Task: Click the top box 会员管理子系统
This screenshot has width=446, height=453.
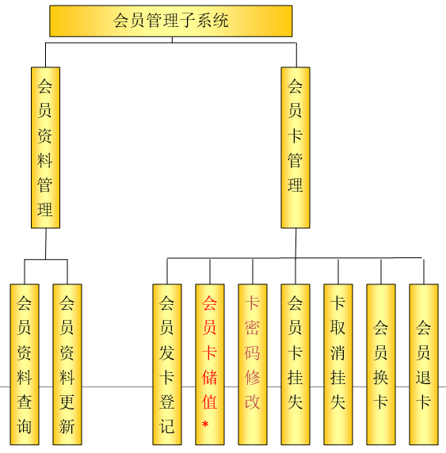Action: (171, 21)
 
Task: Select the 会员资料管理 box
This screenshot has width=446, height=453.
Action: (45, 147)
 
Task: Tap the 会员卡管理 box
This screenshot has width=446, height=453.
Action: (295, 147)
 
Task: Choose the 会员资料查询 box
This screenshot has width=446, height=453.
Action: (25, 364)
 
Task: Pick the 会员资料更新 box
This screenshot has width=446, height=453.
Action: (67, 364)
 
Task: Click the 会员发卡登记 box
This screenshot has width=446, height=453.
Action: (167, 364)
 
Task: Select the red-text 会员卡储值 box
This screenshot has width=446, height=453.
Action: (210, 364)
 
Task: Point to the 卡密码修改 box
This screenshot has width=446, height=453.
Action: (253, 364)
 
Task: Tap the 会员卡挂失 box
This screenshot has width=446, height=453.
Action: (295, 364)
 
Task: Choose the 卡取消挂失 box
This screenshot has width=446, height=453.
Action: (338, 364)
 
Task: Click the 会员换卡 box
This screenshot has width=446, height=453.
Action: (381, 364)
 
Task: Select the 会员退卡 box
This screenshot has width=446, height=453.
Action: (424, 364)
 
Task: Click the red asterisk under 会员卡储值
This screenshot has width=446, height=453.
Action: (205, 424)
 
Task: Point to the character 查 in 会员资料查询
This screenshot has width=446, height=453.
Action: (24, 402)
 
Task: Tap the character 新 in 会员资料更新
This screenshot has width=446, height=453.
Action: (67, 426)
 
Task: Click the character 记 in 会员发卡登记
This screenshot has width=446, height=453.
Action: (167, 426)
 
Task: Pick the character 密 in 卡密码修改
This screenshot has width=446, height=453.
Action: (253, 328)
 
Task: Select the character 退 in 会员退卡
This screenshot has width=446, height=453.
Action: (424, 377)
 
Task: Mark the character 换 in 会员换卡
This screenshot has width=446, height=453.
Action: (381, 377)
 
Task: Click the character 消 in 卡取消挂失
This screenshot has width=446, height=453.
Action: (338, 352)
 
